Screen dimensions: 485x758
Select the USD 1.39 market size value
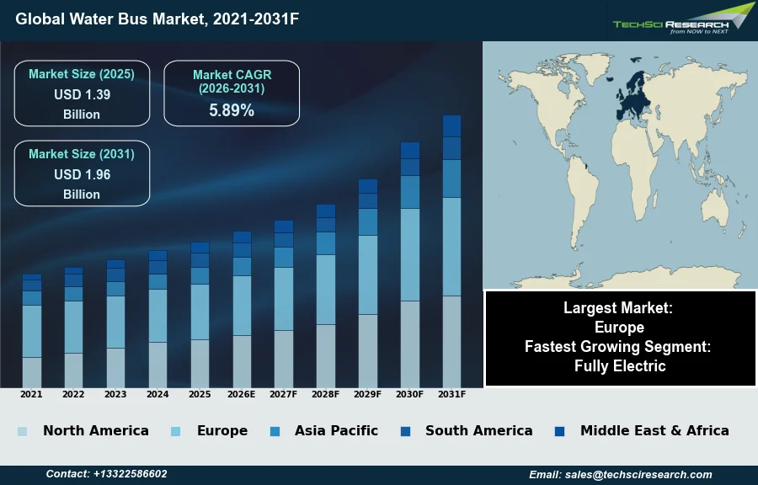pyautogui.click(x=82, y=94)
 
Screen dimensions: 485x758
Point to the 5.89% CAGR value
pyautogui.click(x=232, y=110)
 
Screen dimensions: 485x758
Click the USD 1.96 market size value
pyautogui.click(x=82, y=174)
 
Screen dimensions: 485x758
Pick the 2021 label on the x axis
pyautogui.click(x=31, y=394)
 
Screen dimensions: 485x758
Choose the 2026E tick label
pyautogui.click(x=242, y=394)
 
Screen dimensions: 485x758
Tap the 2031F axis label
pyautogui.click(x=451, y=394)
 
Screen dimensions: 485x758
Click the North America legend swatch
pyautogui.click(x=22, y=431)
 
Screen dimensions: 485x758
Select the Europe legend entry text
pyautogui.click(x=222, y=430)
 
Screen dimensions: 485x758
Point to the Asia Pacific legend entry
pyautogui.click(x=336, y=430)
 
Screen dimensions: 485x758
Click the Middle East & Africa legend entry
pyautogui.click(x=654, y=430)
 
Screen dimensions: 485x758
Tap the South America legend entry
pyautogui.click(x=478, y=430)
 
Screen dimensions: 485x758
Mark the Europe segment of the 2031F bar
pyautogui.click(x=451, y=247)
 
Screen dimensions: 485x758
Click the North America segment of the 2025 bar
pyautogui.click(x=200, y=363)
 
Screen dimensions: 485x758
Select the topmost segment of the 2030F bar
pyautogui.click(x=410, y=150)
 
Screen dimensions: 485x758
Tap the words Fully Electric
pyautogui.click(x=620, y=365)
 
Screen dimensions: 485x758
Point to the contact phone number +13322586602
pyautogui.click(x=130, y=474)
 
